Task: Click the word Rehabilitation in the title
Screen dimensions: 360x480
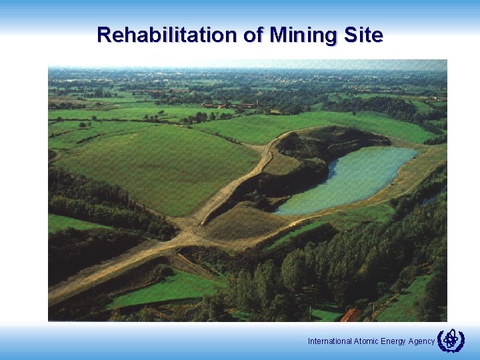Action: (169, 35)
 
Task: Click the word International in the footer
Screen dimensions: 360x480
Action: (330, 341)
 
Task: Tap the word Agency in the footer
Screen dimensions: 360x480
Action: (421, 341)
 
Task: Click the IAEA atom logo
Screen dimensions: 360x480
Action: (450, 341)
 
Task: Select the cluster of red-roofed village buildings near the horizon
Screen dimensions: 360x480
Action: (230, 105)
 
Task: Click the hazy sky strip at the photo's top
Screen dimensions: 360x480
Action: (247, 65)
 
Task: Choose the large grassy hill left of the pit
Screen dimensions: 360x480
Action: (153, 167)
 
